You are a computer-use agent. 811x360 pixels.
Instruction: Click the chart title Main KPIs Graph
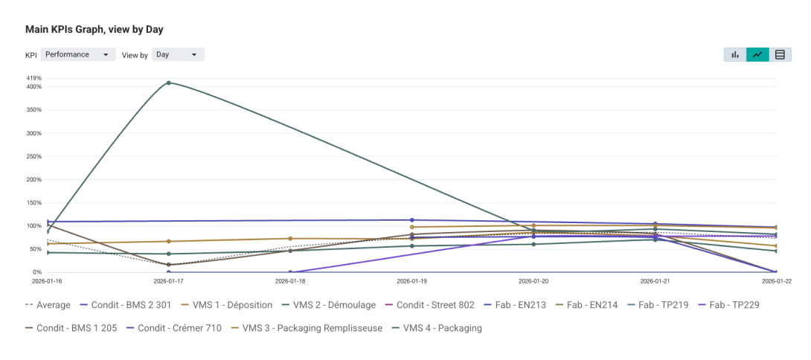click(x=94, y=30)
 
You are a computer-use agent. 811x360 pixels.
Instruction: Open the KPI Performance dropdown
click(x=77, y=54)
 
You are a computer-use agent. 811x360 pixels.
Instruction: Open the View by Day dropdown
click(x=178, y=54)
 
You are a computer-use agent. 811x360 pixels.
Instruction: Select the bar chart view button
click(x=735, y=54)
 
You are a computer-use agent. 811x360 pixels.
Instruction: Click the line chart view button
click(x=757, y=54)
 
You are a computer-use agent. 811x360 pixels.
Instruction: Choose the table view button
click(x=780, y=54)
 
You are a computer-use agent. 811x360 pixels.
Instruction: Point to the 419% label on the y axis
click(x=34, y=78)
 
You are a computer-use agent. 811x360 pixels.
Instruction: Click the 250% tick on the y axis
click(x=34, y=156)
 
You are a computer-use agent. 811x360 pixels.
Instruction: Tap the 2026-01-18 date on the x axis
click(x=290, y=282)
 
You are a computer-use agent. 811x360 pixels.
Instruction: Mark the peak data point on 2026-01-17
click(x=169, y=83)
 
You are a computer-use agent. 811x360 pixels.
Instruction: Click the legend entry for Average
click(x=48, y=305)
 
